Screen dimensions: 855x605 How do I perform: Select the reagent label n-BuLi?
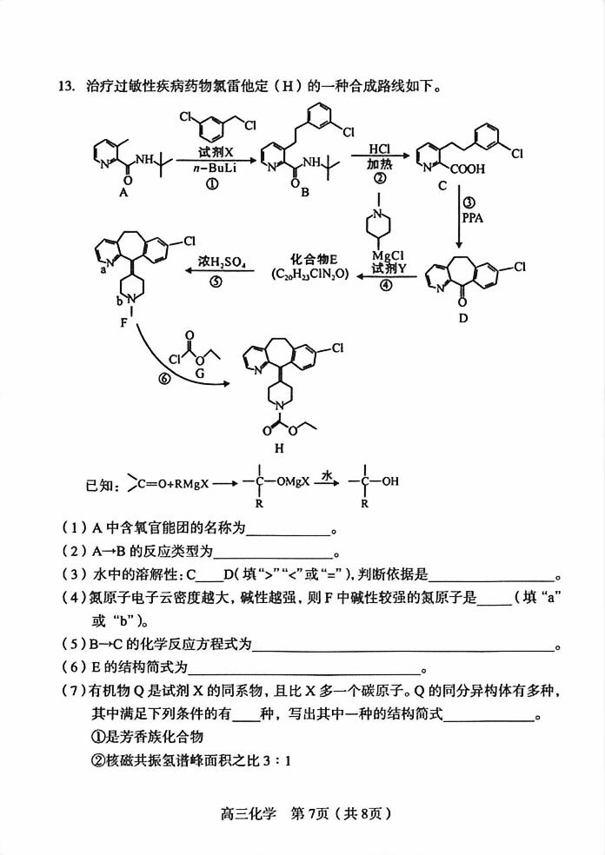[212, 169]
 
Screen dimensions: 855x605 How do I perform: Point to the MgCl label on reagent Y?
[384, 255]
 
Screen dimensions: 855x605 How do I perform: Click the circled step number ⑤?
[216, 282]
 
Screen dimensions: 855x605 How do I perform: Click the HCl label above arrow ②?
[380, 149]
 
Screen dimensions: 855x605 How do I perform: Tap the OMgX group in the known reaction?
[285, 481]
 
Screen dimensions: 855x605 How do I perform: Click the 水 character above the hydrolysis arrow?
[328, 475]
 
